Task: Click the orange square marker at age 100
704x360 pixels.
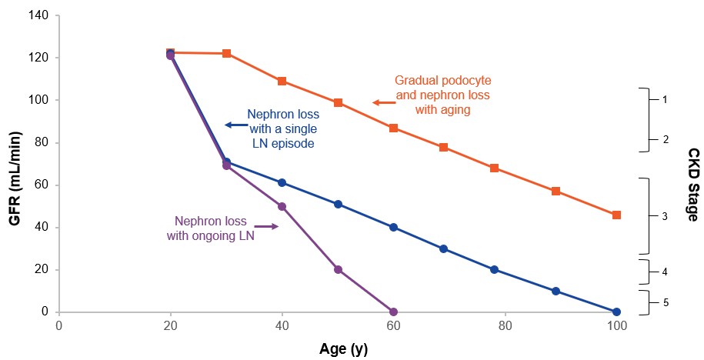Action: pos(616,215)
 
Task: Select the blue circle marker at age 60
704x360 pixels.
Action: pos(393,227)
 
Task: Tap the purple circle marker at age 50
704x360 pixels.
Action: pos(338,269)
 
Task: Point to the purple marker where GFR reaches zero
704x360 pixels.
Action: pos(393,312)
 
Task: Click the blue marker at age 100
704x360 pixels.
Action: pos(616,312)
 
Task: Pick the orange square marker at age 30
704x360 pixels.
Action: pos(226,53)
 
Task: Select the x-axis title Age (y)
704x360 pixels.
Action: pos(343,349)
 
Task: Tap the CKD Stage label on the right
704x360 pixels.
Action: pos(692,185)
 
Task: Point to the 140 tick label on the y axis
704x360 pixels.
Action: pos(38,16)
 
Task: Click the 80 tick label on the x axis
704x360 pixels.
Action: pos(505,325)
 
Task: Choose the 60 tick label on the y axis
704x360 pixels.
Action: pos(42,185)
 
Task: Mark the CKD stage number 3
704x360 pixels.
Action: pos(664,217)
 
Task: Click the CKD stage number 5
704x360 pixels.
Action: pos(664,302)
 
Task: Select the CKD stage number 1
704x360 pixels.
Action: pos(664,100)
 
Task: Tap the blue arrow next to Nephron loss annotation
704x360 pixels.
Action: pos(232,125)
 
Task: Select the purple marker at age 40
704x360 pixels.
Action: pos(282,206)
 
